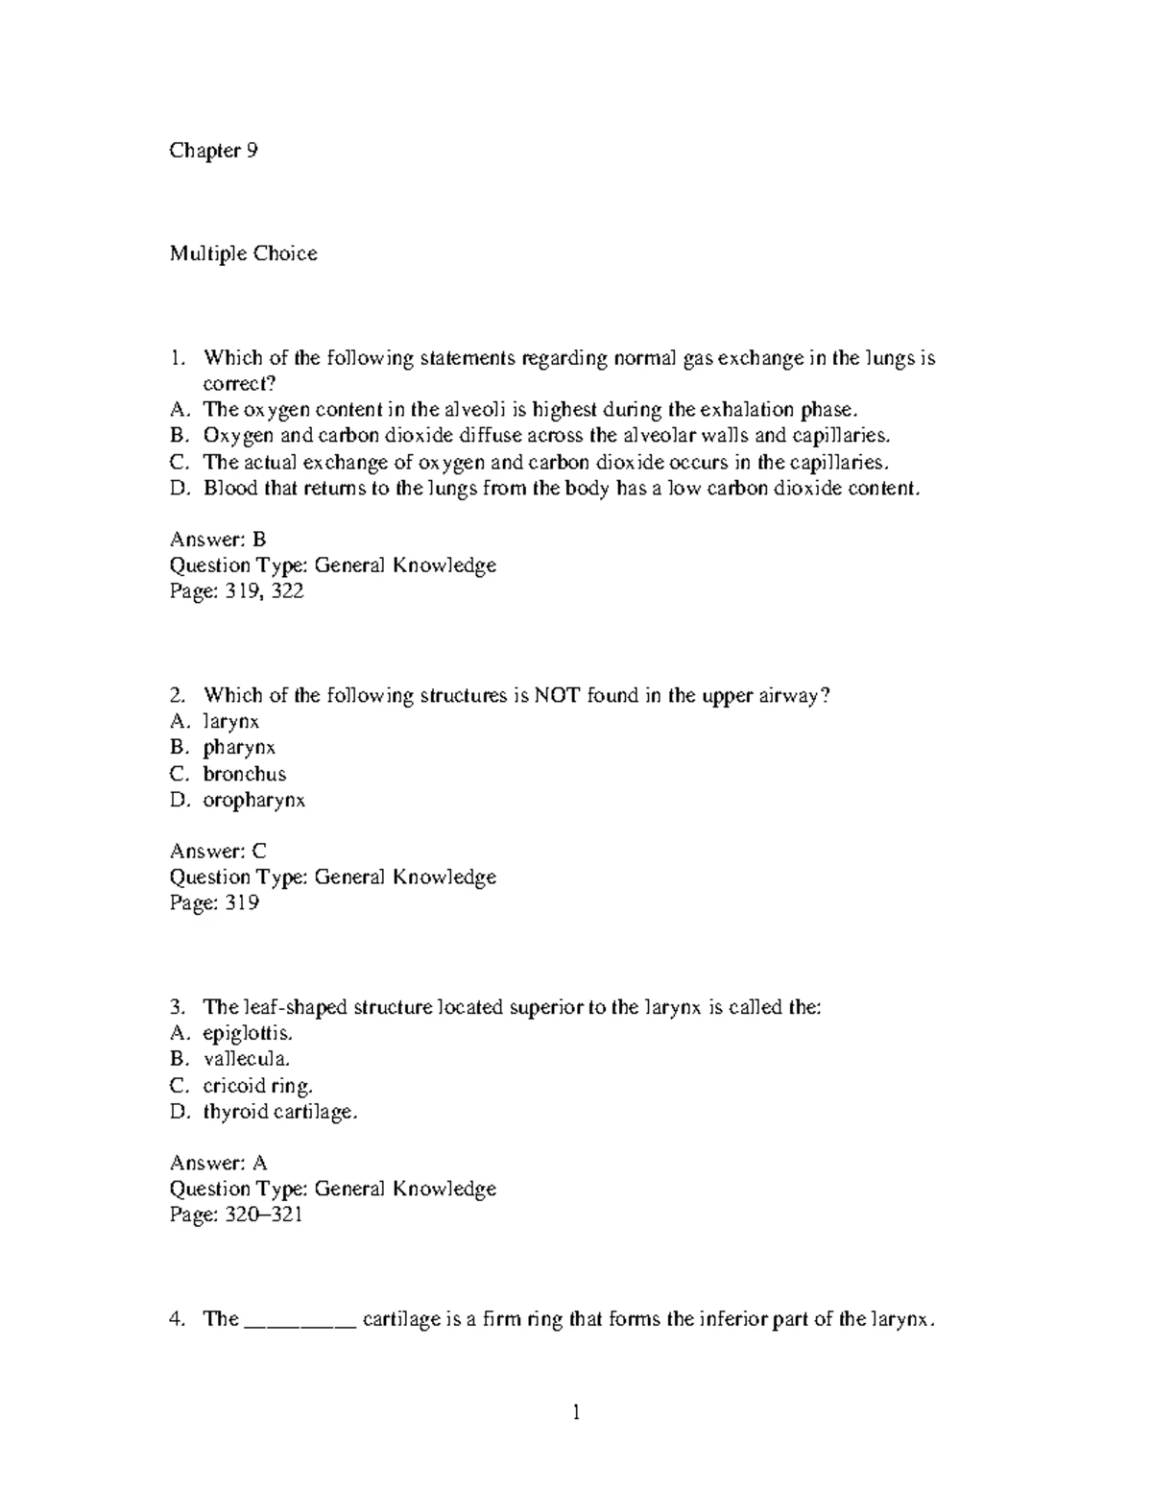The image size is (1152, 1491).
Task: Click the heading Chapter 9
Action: point(213,151)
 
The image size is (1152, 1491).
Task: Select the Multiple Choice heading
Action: point(243,253)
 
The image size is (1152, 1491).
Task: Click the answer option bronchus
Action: point(244,774)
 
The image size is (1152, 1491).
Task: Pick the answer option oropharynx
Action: point(253,800)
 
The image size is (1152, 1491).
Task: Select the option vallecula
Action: point(246,1059)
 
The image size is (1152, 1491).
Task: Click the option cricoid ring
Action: point(257,1086)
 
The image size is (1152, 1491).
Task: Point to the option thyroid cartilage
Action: point(279,1112)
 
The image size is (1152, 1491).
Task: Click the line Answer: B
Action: point(217,539)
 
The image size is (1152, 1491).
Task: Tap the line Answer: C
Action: point(217,851)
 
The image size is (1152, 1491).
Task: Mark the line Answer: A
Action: point(218,1163)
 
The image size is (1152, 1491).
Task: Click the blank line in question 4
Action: point(301,1321)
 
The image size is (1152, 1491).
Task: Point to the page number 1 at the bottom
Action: point(576,1412)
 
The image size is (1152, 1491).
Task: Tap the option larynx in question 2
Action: point(230,721)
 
